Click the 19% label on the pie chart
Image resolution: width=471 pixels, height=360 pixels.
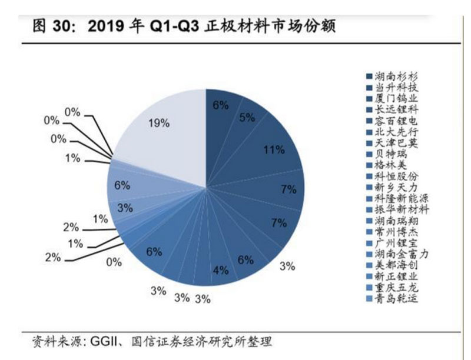[160, 123]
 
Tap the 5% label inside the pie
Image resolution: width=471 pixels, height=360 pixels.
[247, 118]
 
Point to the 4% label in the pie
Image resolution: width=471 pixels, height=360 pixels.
[220, 270]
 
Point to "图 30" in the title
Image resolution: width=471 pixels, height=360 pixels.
[48, 27]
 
